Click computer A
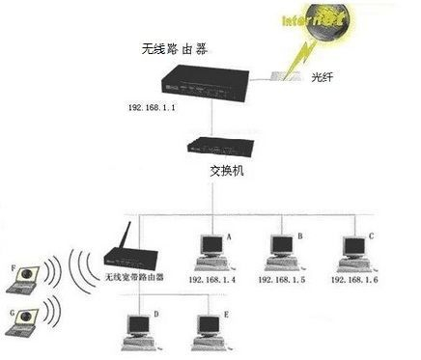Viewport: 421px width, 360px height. (209, 251)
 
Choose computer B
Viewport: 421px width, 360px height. (281, 251)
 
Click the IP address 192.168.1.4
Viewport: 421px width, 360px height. (212, 279)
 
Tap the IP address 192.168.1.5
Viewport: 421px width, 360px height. (282, 279)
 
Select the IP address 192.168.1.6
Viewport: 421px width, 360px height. (354, 279)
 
